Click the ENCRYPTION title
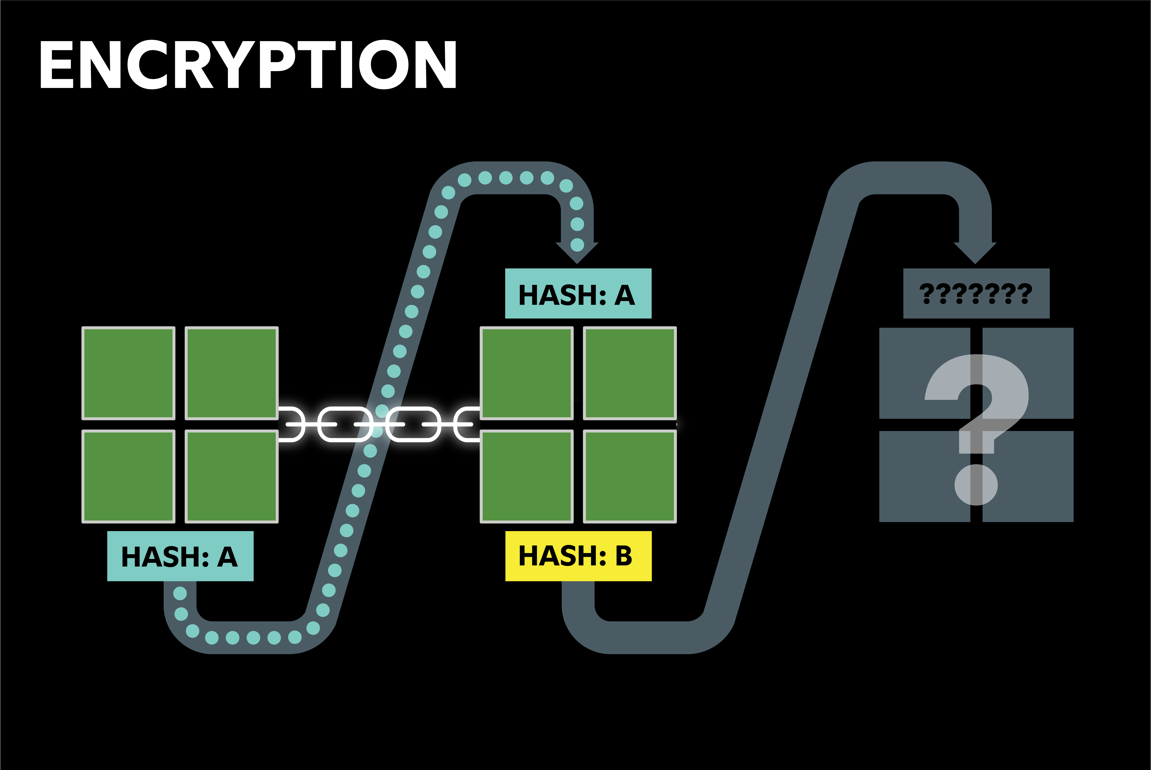(x=248, y=64)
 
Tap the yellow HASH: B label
(x=578, y=556)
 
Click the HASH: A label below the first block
(x=180, y=556)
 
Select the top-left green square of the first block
(x=128, y=373)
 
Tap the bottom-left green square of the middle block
(x=526, y=476)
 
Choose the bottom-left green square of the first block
(x=128, y=476)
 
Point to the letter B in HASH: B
(x=624, y=556)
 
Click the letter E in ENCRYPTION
(x=56, y=64)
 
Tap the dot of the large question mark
(x=976, y=485)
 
